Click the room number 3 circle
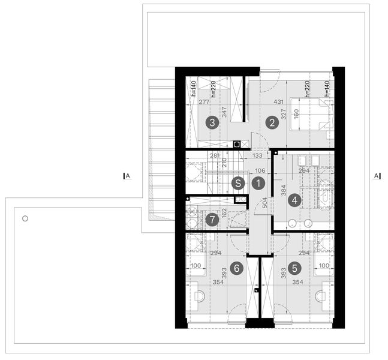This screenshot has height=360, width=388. pos(211,123)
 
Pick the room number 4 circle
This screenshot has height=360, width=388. pos(293,200)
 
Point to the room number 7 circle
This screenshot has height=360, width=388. pos(211,220)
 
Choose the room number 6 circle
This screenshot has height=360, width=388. pos(238,268)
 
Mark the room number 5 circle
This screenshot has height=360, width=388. pos(294,268)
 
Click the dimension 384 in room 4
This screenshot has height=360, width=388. pos(284,191)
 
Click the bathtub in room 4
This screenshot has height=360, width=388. pos(324,195)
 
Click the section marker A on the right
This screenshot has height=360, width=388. pos(376,176)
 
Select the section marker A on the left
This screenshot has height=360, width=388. pos(127,176)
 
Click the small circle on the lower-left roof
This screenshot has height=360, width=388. pos(25,218)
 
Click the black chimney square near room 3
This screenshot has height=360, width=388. pos(237,144)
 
